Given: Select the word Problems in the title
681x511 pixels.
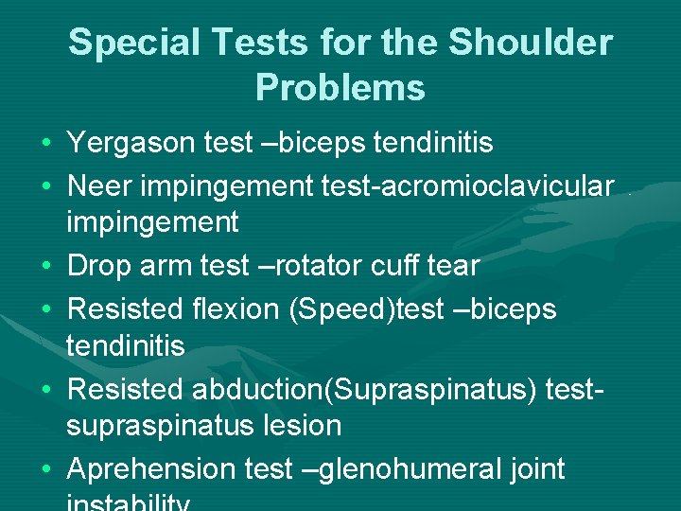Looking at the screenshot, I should tap(340, 87).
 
